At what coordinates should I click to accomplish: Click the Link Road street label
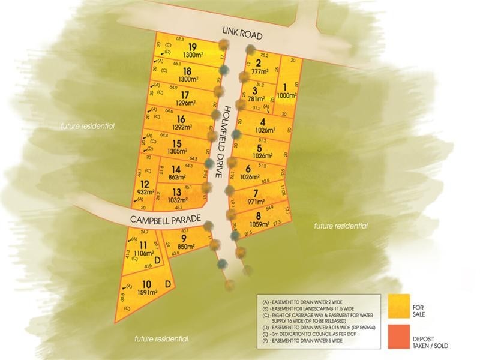242,35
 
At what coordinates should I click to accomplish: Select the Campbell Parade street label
165,218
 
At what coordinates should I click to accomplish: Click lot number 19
192,47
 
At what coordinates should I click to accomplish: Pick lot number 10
146,284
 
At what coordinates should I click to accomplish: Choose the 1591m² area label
146,293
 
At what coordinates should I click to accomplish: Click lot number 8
258,216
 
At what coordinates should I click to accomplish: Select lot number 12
145,184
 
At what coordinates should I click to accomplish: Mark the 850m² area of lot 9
186,246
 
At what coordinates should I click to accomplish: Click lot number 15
176,143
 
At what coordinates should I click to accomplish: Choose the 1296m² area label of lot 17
184,103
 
